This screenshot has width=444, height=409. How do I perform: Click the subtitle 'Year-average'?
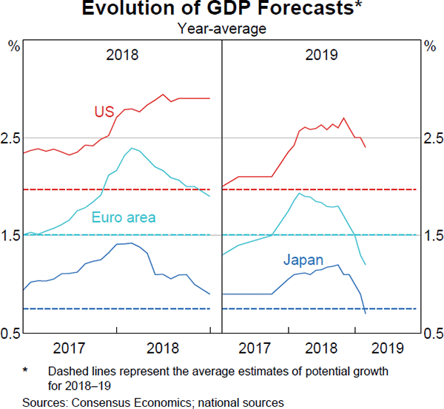pyautogui.click(x=221, y=29)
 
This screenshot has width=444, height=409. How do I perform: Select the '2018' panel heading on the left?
pyautogui.click(x=122, y=55)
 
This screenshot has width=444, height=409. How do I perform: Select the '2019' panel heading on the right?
pyautogui.click(x=321, y=55)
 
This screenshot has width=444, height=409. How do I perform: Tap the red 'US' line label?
pyautogui.click(x=104, y=112)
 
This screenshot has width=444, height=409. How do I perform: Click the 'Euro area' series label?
pyautogui.click(x=124, y=217)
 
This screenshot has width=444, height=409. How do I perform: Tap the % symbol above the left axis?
pyautogui.click(x=13, y=46)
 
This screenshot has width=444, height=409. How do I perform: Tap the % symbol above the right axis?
pyautogui.click(x=430, y=46)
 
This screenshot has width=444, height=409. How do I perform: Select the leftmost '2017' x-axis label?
pyautogui.click(x=72, y=348)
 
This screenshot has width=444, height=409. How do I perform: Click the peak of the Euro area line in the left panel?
pyautogui.click(x=132, y=149)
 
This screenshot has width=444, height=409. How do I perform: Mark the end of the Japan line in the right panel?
pyautogui.click(x=366, y=313)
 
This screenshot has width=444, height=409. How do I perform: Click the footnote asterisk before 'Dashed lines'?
pyautogui.click(x=25, y=370)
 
